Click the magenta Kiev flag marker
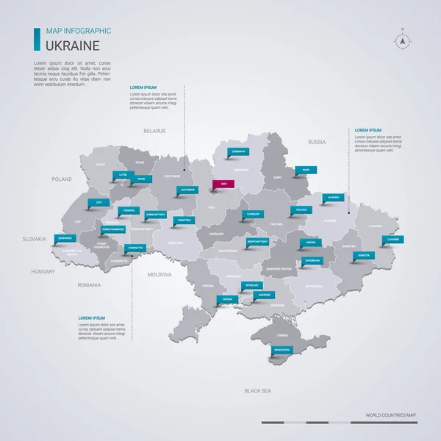(222, 185)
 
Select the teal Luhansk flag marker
(392, 239)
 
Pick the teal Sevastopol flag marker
(282, 349)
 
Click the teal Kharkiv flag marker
(334, 197)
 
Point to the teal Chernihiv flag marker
(238, 151)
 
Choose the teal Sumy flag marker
(306, 169)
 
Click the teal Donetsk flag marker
(363, 255)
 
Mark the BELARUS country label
(154, 131)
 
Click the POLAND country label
(62, 179)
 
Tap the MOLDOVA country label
(159, 274)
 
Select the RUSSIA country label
(317, 142)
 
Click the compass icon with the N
(403, 41)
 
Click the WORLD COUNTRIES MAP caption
(390, 415)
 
